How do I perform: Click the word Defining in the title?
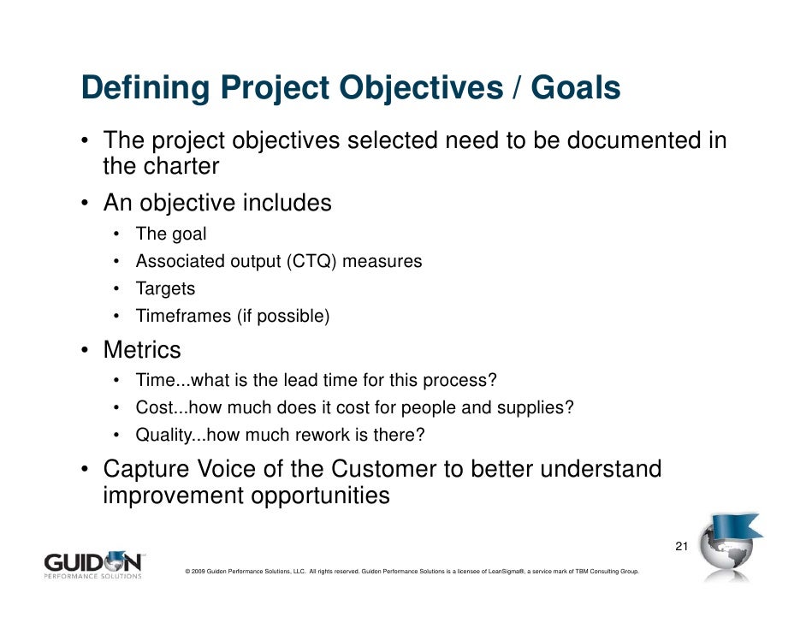142,90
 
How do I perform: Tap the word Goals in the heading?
575,88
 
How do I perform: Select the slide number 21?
682,547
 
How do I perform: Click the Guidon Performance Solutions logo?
93,565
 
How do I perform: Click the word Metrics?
142,350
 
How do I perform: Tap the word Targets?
165,288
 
